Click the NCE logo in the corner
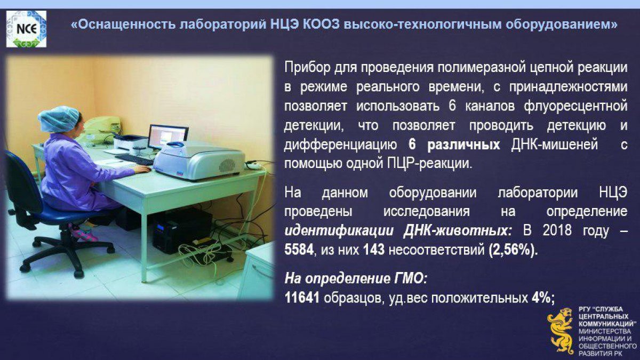26,29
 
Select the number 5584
299,250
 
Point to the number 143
374,250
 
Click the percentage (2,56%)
513,251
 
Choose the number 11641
302,298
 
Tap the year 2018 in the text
557,230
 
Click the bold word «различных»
463,145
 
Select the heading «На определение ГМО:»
356,279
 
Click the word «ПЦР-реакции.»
430,164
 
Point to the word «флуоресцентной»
575,106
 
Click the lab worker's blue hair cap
59,119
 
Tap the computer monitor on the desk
169,137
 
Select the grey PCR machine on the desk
199,160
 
